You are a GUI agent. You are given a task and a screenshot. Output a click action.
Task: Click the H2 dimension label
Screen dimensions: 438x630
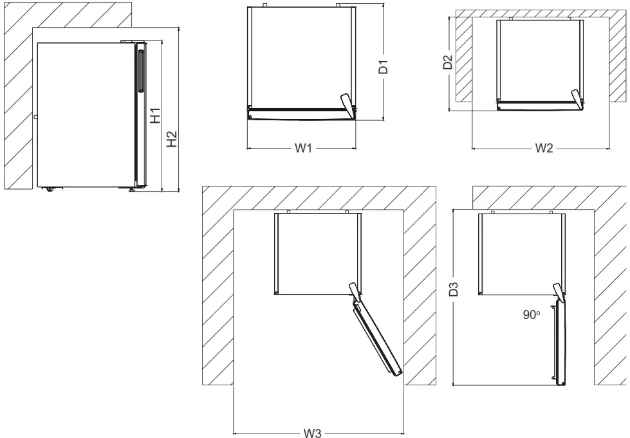pyautogui.click(x=172, y=140)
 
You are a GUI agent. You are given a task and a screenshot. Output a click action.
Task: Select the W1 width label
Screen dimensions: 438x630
pyautogui.click(x=303, y=149)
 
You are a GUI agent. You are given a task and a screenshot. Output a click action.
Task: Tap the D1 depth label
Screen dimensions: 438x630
pyautogui.click(x=384, y=66)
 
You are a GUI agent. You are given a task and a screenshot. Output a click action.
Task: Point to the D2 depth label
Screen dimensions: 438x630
pyautogui.click(x=448, y=62)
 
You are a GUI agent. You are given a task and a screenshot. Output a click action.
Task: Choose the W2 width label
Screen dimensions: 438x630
pyautogui.click(x=544, y=149)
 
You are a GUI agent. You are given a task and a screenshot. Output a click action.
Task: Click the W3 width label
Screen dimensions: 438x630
pyautogui.click(x=312, y=433)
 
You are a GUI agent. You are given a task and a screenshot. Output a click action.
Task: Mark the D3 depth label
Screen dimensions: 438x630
pyautogui.click(x=454, y=289)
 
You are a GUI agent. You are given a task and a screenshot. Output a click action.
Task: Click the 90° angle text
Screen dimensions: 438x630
pyautogui.click(x=531, y=315)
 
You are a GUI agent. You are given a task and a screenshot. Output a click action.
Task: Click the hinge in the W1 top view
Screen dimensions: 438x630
pyautogui.click(x=347, y=105)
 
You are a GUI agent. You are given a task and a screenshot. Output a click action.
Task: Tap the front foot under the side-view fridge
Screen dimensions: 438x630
pyautogui.click(x=133, y=190)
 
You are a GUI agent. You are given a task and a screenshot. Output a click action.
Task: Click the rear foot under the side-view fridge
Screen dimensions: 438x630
pyautogui.click(x=49, y=189)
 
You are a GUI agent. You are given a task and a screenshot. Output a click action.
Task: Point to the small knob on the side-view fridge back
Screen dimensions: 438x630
pyautogui.click(x=36, y=117)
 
